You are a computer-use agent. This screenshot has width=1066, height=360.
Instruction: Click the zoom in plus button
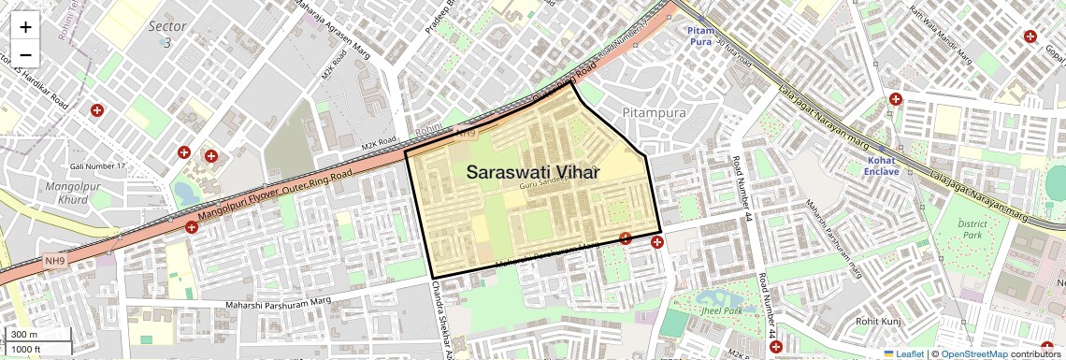[x=26, y=27]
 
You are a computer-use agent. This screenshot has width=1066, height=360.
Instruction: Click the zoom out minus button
[x=26, y=54]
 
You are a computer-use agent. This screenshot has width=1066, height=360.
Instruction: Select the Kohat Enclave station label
[x=882, y=166]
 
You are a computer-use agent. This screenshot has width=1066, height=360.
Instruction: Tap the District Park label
[x=972, y=230]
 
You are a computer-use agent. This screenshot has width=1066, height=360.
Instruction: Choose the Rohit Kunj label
[x=876, y=323]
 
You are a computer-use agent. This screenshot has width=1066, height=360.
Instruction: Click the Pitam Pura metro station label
[x=700, y=36]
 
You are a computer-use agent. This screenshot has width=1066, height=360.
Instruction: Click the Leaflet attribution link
[x=903, y=353]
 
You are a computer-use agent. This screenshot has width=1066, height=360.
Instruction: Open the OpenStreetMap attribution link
[x=974, y=353]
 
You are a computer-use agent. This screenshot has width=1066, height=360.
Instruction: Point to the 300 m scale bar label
[x=24, y=335]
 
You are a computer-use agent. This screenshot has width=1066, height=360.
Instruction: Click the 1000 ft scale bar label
[x=26, y=349]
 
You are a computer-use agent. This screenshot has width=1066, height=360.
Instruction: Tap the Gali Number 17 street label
[x=97, y=166]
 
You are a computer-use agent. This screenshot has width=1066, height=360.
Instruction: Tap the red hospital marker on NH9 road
[x=192, y=227]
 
